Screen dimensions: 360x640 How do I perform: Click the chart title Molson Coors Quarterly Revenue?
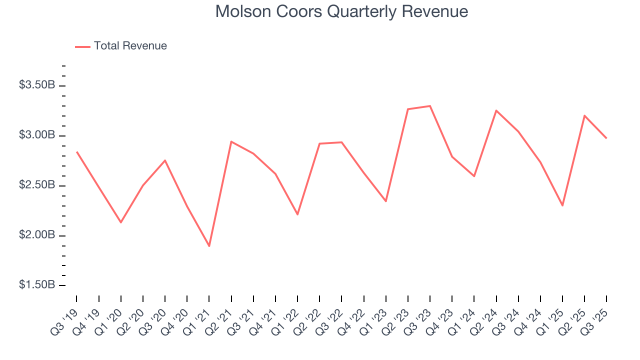click(341, 11)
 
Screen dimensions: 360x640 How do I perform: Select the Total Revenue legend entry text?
click(130, 46)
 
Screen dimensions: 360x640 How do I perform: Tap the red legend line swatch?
click(82, 46)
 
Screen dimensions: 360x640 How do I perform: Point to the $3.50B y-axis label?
click(37, 85)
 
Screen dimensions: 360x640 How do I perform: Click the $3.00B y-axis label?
click(37, 135)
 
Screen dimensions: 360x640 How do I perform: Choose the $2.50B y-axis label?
click(37, 185)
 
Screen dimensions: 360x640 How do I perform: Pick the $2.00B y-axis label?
click(37, 235)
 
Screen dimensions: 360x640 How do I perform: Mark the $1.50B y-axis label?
click(37, 284)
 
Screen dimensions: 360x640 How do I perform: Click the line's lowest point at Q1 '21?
click(209, 246)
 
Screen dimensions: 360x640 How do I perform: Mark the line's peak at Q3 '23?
click(430, 106)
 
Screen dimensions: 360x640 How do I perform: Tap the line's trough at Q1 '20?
click(121, 222)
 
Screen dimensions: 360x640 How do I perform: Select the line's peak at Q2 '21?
click(231, 141)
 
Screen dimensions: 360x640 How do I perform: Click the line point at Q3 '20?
click(165, 160)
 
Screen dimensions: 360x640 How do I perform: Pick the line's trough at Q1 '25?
click(562, 205)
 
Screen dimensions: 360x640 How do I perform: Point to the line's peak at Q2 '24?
click(496, 110)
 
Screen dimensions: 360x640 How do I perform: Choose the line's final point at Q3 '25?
click(606, 138)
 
